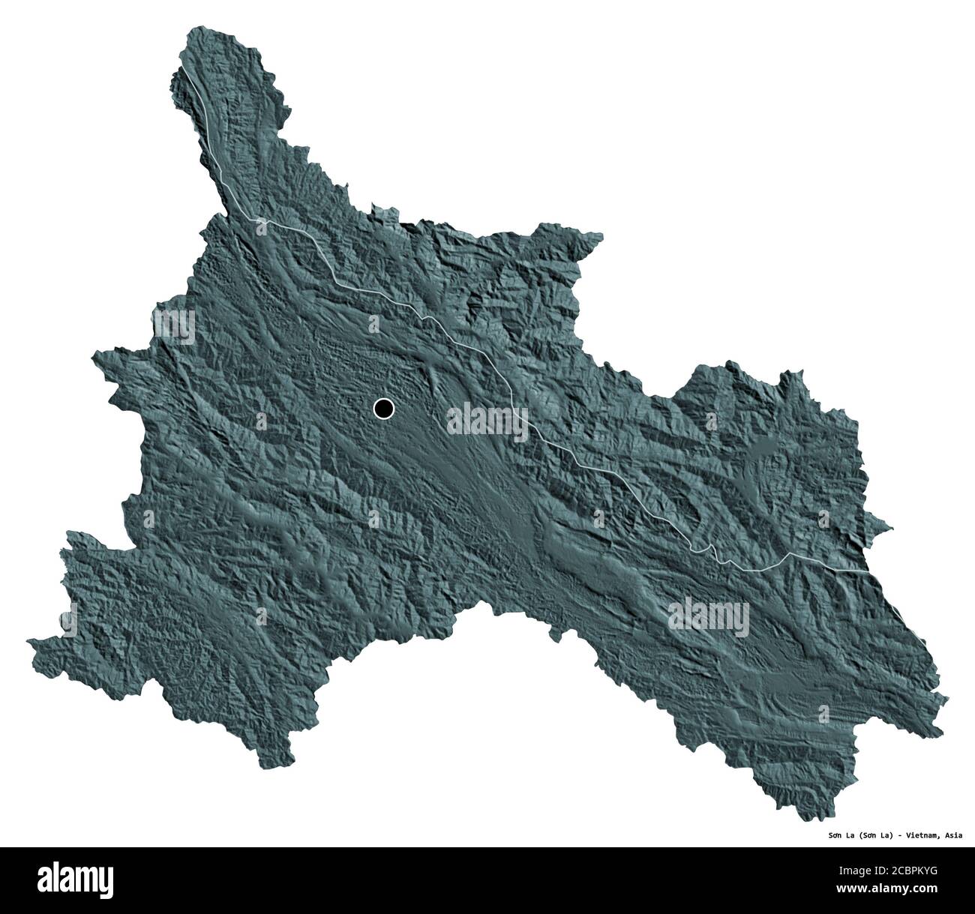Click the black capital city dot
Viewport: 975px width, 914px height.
pos(383,408)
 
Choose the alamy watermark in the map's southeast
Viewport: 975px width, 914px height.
pos(709,618)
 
